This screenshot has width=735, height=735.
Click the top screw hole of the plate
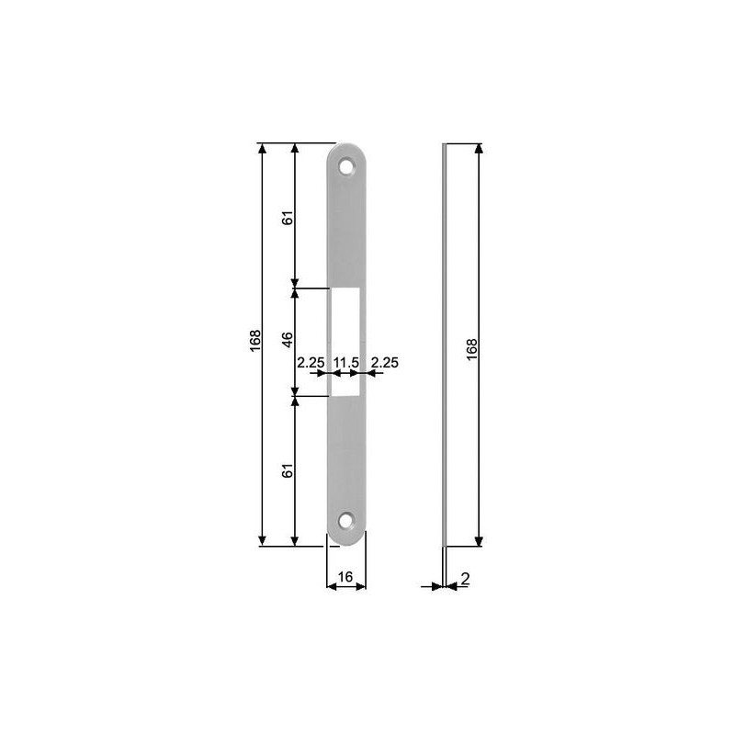tap(346, 168)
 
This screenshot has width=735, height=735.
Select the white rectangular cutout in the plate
tap(346, 343)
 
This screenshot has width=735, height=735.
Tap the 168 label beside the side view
tap(471, 348)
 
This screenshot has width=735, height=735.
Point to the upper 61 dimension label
tap(288, 218)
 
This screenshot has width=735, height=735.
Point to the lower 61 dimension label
tap(288, 470)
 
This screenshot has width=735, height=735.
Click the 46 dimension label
tap(288, 339)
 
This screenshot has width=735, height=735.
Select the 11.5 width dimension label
tap(345, 363)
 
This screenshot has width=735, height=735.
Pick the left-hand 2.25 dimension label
tap(311, 363)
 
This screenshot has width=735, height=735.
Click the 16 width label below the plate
tap(346, 576)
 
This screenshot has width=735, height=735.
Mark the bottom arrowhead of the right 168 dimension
tap(479, 541)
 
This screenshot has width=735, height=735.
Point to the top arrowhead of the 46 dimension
tap(295, 295)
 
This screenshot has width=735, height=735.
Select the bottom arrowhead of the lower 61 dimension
tap(295, 541)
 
